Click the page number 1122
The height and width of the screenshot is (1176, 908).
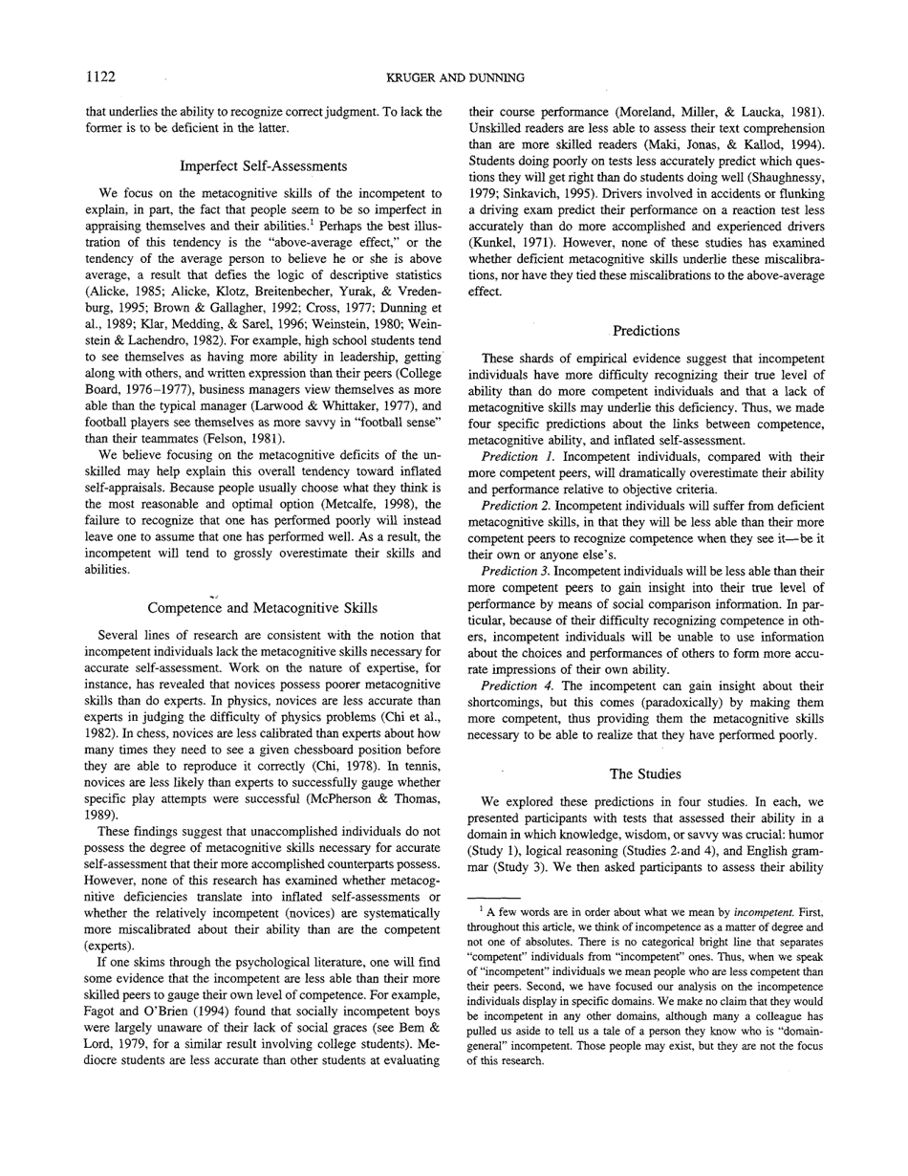(101, 76)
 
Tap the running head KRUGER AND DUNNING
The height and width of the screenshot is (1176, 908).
(454, 76)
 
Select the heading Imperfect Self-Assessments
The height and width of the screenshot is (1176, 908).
(264, 166)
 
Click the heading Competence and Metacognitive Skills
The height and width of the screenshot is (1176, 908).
(264, 607)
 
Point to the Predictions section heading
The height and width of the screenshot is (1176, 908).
(646, 330)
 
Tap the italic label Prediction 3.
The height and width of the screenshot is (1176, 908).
(516, 570)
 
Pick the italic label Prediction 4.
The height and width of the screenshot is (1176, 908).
(516, 685)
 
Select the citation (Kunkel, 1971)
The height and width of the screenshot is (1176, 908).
(508, 246)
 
